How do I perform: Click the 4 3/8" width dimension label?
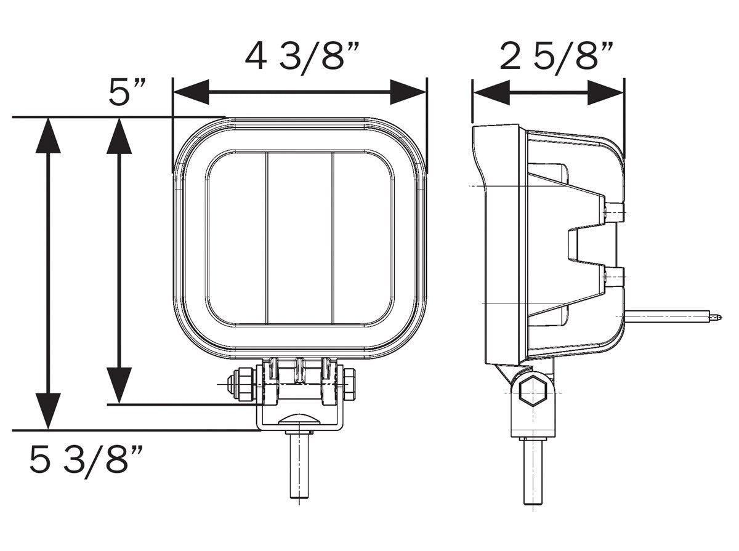coord(301,57)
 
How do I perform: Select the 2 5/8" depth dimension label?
coord(556,57)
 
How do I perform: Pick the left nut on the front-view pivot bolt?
coord(240,384)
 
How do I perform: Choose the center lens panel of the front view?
coord(299,238)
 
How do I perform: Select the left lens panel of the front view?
coord(237,238)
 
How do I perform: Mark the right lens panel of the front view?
coord(362,238)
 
